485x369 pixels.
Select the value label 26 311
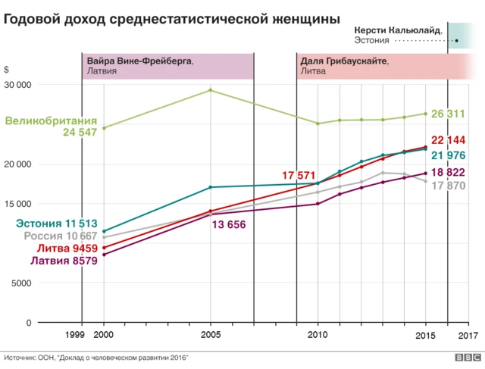click(x=448, y=114)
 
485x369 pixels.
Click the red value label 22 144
click(x=448, y=140)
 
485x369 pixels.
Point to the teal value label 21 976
click(x=448, y=155)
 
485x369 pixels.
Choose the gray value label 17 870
click(x=448, y=186)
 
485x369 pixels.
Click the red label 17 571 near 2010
click(x=299, y=176)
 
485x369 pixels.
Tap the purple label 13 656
click(x=228, y=225)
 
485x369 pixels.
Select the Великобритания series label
click(x=51, y=120)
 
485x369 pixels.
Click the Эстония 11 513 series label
click(x=57, y=224)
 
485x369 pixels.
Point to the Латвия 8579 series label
click(x=64, y=261)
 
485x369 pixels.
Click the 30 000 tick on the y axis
click(x=17, y=85)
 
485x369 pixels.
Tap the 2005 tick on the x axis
click(x=211, y=334)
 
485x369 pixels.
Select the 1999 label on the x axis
click(x=75, y=334)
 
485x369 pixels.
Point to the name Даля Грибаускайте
click(x=345, y=60)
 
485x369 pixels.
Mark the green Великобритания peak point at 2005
click(x=210, y=90)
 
